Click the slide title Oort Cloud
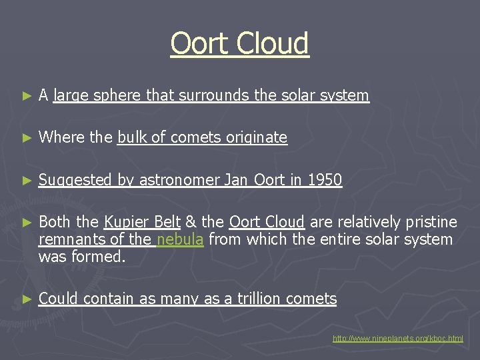pyautogui.click(x=239, y=43)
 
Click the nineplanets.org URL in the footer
pyautogui.click(x=398, y=339)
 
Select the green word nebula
pyautogui.click(x=180, y=239)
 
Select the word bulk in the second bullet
pyautogui.click(x=131, y=137)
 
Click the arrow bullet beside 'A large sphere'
pyautogui.click(x=27, y=96)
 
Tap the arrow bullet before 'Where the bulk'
pyautogui.click(x=27, y=138)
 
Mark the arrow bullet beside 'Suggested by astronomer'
pyautogui.click(x=27, y=180)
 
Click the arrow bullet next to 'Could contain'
pyautogui.click(x=27, y=299)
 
